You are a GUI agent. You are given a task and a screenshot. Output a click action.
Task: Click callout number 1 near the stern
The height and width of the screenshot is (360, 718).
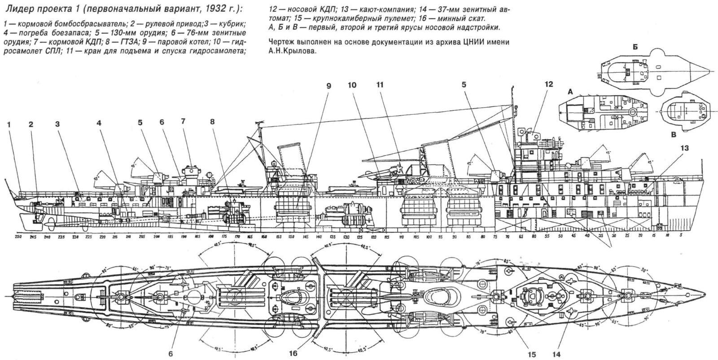point(9,125)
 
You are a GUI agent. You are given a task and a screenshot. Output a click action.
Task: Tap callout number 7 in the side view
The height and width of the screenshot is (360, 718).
point(183,121)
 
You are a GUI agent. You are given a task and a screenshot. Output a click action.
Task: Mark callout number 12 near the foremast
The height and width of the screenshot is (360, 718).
point(549,84)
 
